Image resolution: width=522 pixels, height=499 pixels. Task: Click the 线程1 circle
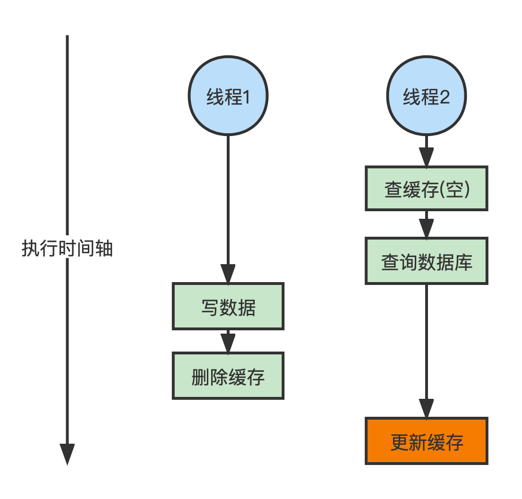pyautogui.click(x=228, y=95)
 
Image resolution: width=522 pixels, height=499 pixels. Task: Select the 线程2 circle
pyautogui.click(x=426, y=95)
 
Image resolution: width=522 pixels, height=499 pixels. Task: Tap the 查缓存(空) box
pyautogui.click(x=426, y=188)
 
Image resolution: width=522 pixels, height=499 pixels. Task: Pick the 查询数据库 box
pyautogui.click(x=426, y=261)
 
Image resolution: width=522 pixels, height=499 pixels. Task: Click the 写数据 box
pyautogui.click(x=228, y=306)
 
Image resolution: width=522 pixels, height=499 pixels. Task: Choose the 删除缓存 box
pyautogui.click(x=228, y=376)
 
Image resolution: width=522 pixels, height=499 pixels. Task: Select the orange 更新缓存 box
pyautogui.click(x=426, y=441)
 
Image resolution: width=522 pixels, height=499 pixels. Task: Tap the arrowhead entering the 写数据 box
pyautogui.click(x=228, y=274)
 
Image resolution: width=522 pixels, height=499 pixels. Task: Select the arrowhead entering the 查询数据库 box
pyautogui.click(x=426, y=229)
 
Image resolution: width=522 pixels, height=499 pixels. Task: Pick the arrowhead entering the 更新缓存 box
pyautogui.click(x=426, y=408)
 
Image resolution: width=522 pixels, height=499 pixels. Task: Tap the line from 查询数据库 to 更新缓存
pyautogui.click(x=426, y=340)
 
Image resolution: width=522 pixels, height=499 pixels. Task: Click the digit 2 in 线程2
pyautogui.click(x=444, y=97)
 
